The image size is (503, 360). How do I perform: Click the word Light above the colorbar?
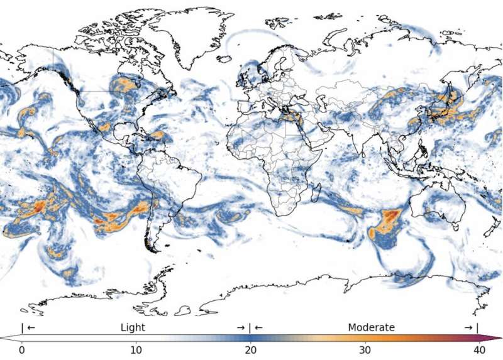coord(133,327)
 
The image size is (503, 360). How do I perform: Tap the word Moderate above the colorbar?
coord(371,327)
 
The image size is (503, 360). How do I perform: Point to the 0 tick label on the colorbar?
coord(22,350)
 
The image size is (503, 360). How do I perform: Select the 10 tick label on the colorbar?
coord(136,350)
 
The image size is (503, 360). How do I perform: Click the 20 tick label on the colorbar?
coord(251,350)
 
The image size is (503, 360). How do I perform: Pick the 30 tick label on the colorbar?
coord(365,350)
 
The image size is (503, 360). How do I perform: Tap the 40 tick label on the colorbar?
coord(479,350)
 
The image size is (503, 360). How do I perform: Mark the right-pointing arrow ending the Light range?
coord(240,328)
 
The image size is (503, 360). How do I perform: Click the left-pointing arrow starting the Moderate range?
coord(258,328)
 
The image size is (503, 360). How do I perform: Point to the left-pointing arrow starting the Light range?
coord(31,328)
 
